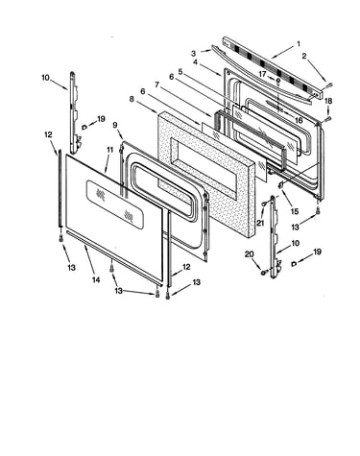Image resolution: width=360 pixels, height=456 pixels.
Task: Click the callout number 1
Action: coord(299,44)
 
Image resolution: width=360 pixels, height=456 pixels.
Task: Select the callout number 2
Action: coord(304,56)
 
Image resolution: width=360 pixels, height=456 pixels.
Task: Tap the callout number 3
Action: coord(194,53)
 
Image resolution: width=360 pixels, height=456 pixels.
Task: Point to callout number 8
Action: coord(132,99)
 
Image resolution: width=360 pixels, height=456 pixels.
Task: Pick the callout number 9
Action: coord(115,125)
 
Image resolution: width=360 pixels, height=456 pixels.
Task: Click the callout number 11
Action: coord(110,149)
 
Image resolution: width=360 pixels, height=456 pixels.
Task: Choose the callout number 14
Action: coord(96,279)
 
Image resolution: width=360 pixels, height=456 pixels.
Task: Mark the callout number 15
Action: coord(295,211)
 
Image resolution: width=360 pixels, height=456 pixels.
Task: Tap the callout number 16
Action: coord(299,120)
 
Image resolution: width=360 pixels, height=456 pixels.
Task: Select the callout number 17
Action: coord(262,74)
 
